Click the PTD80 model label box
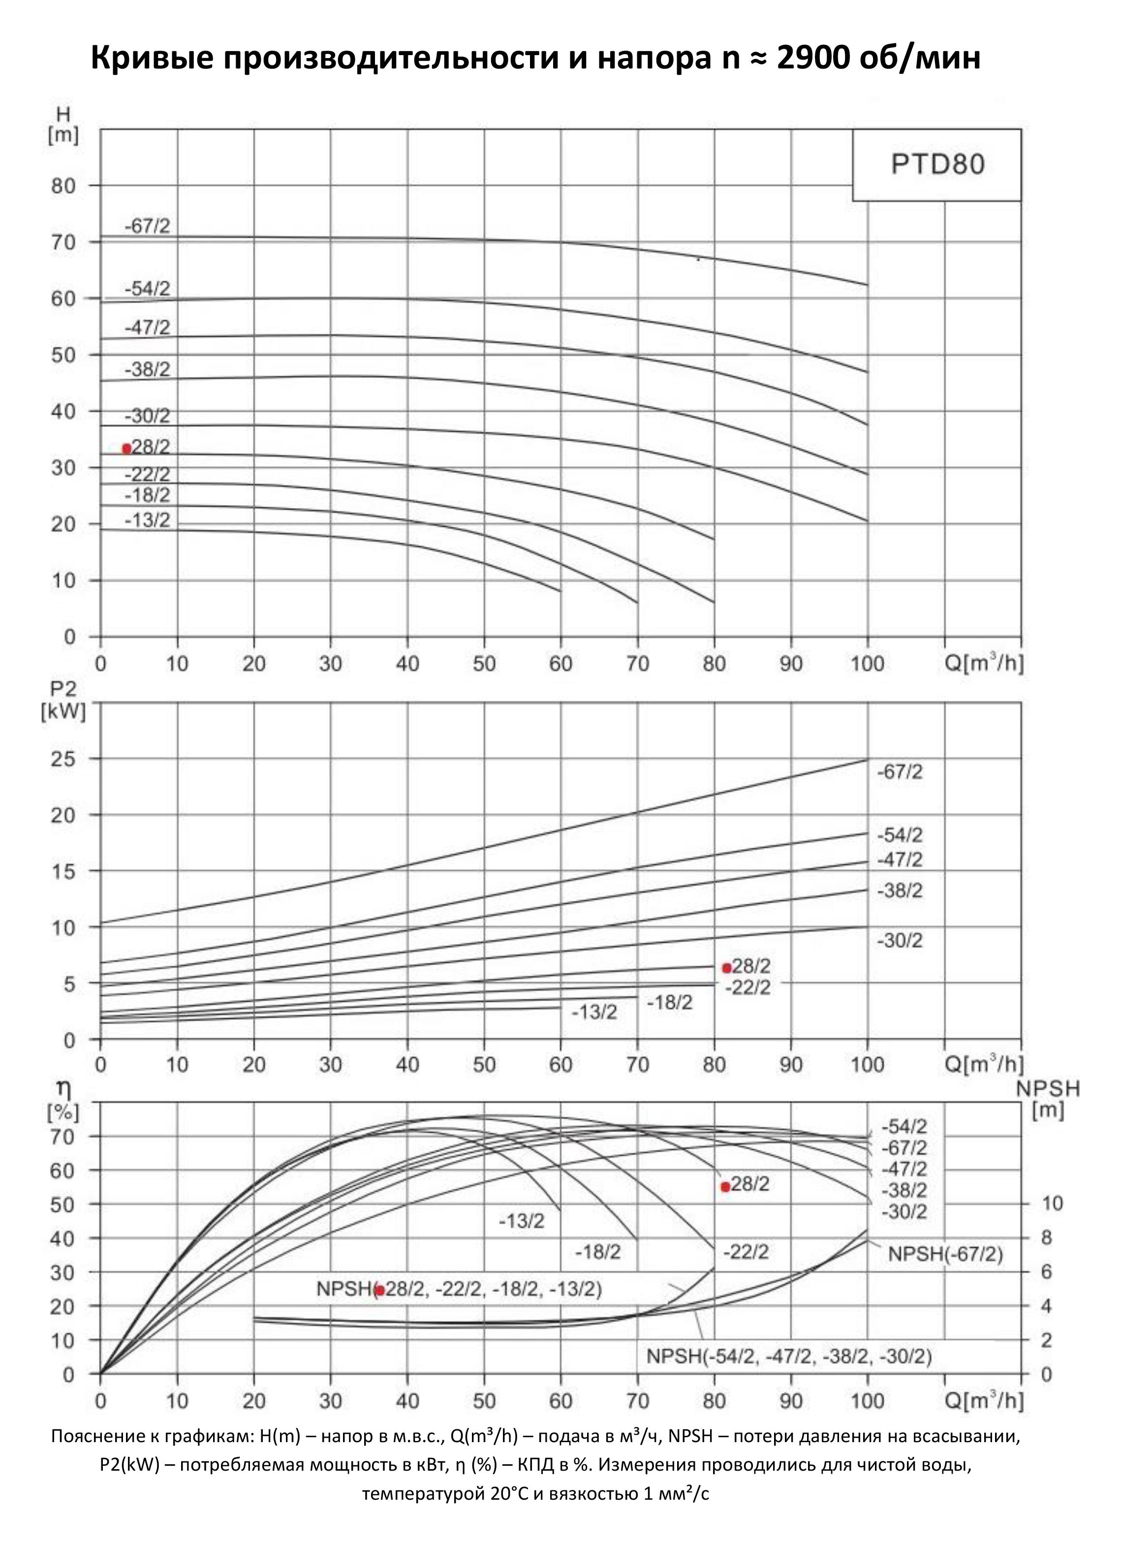click(936, 165)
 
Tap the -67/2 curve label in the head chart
click(147, 227)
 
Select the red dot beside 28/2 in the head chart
click(126, 448)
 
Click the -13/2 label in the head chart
click(147, 520)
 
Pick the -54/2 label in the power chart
click(900, 835)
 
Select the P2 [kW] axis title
click(63, 702)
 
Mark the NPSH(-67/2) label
click(945, 1254)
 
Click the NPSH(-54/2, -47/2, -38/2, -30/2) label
click(789, 1356)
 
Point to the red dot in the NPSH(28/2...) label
click(379, 1290)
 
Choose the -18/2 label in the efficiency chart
click(598, 1252)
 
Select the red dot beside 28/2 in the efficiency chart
click(725, 1187)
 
